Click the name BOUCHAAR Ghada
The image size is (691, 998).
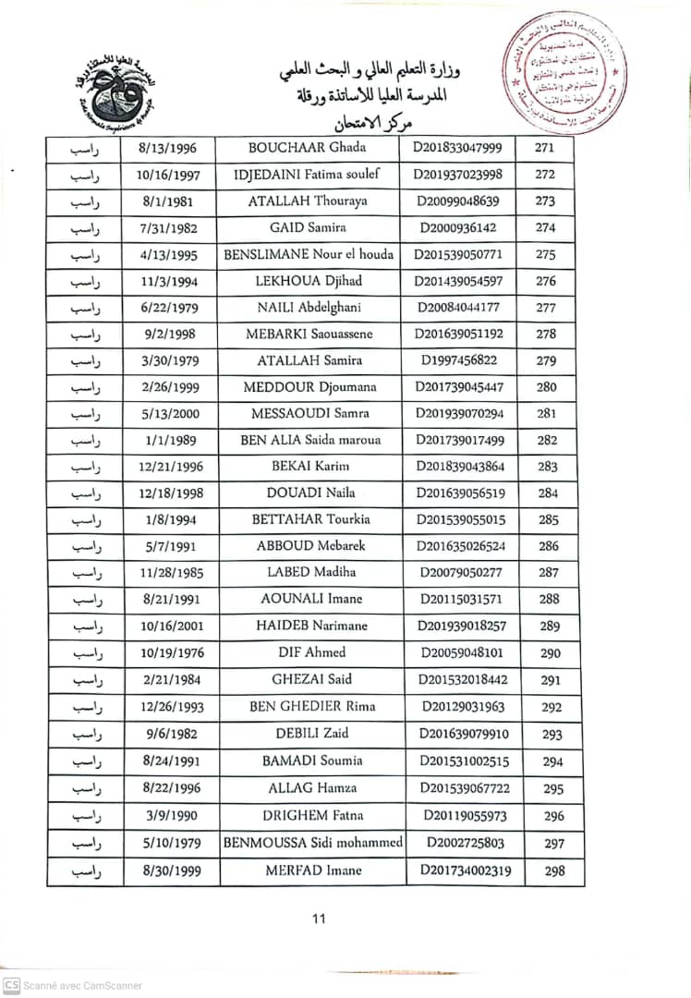(x=308, y=148)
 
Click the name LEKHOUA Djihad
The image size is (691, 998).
(x=308, y=281)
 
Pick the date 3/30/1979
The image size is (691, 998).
(x=169, y=360)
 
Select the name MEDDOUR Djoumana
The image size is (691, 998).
(x=309, y=387)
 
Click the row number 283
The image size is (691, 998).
(x=549, y=467)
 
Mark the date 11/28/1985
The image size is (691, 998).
(x=169, y=573)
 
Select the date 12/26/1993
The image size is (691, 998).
(x=169, y=707)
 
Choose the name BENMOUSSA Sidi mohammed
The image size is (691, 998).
(x=313, y=842)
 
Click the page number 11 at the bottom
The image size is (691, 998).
(x=319, y=919)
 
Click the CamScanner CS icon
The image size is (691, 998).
(x=12, y=985)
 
